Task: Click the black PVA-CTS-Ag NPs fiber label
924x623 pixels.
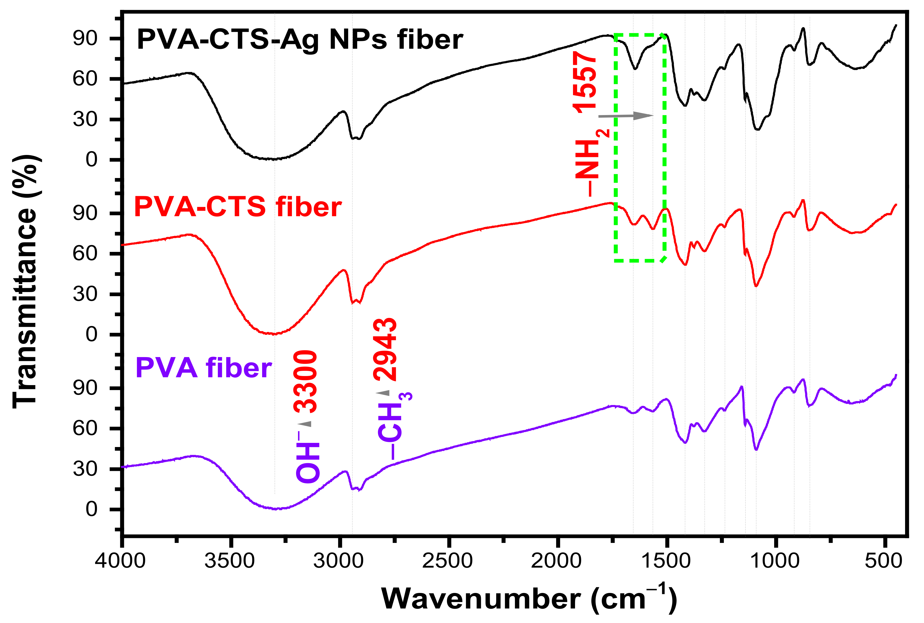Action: click(300, 40)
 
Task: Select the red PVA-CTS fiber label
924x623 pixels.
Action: click(238, 207)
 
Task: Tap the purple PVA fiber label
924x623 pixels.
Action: click(204, 368)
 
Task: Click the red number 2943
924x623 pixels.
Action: click(385, 350)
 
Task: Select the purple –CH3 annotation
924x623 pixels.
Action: click(394, 425)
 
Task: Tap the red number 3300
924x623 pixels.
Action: click(306, 381)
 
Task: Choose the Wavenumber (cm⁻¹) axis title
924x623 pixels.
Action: click(529, 598)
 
